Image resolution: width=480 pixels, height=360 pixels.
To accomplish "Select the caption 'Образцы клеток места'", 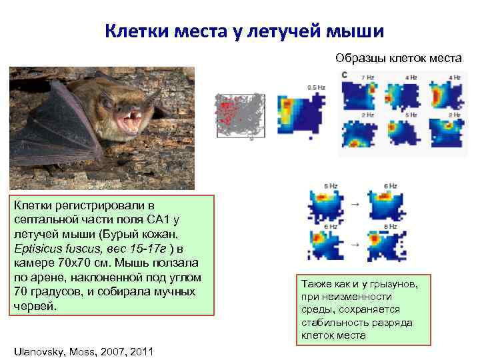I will tap(398, 59).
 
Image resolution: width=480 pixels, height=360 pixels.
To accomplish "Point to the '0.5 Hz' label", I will tap(316, 87).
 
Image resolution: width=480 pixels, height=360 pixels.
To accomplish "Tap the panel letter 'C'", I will tap(344, 75).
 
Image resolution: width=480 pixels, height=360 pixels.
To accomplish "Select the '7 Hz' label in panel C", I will tap(367, 78).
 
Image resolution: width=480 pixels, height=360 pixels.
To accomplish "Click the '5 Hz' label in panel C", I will tap(411, 115).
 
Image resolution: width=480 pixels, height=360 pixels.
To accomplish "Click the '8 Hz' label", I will tap(392, 226).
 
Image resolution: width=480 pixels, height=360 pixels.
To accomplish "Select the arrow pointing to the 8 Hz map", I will tap(353, 245).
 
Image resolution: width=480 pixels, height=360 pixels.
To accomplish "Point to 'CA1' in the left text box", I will tap(157, 219).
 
